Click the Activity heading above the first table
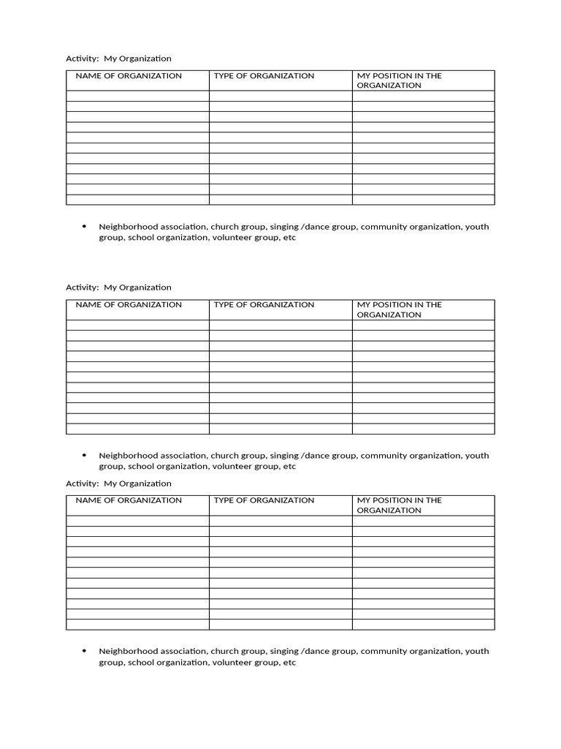pos(118,59)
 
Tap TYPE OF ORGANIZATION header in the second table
pos(264,305)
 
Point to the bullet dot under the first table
pos(85,227)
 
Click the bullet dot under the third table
pos(85,651)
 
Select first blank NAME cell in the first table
pos(137,96)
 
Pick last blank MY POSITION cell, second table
pos(423,429)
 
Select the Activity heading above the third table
pos(118,483)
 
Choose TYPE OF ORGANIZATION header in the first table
pos(264,76)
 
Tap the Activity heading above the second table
pos(118,287)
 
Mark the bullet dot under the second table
pos(85,456)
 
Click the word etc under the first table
pos(289,238)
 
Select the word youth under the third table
pos(477,651)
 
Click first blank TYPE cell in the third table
pos(280,521)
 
